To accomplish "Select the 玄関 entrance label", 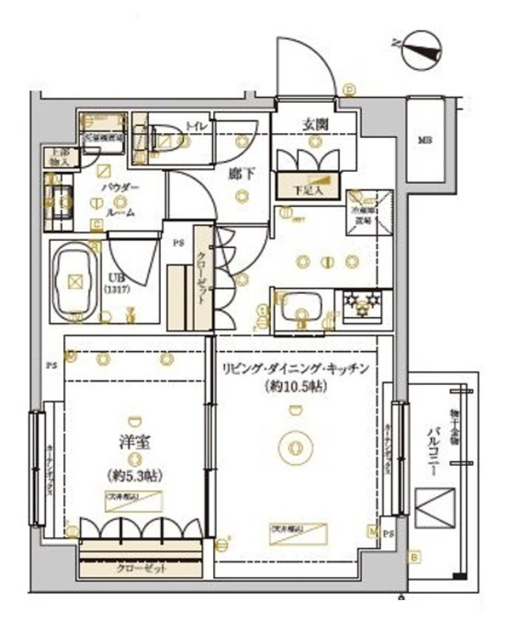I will (x=315, y=124).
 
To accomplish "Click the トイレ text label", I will (x=194, y=125).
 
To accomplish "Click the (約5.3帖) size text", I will (x=132, y=476).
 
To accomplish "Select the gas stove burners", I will (x=364, y=303).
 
